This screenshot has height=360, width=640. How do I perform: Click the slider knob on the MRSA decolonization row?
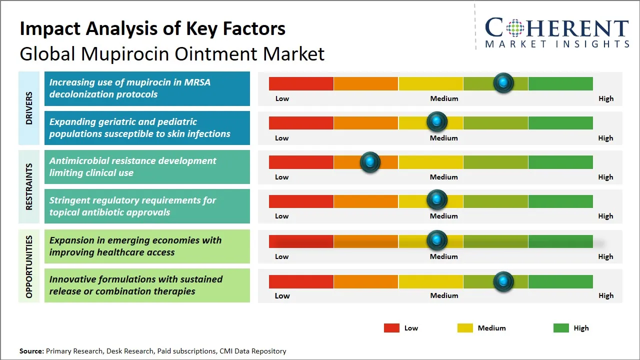point(503,83)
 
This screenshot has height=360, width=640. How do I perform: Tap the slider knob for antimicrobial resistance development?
point(370,162)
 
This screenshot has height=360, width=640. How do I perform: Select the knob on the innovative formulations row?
point(503,281)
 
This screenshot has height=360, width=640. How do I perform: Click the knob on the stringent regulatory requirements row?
point(437,200)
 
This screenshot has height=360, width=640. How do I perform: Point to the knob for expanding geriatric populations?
point(437,121)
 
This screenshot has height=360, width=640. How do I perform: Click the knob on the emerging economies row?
point(437,240)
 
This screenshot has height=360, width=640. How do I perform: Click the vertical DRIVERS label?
point(29,108)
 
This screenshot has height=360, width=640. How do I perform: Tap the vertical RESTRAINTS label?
point(29,186)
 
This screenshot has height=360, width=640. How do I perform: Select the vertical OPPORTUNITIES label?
point(29,266)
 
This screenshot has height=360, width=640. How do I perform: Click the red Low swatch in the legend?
point(391,328)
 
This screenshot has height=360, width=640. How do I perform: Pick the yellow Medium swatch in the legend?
point(465,328)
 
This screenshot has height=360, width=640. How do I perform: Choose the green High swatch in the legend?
point(561,328)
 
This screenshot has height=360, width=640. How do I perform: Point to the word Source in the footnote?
point(31,351)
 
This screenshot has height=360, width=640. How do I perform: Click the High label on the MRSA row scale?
point(605,98)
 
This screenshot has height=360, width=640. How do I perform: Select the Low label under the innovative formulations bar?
point(282,295)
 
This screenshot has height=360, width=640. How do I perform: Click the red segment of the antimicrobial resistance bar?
point(301,162)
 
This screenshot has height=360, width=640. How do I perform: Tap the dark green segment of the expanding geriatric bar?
point(560,122)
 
